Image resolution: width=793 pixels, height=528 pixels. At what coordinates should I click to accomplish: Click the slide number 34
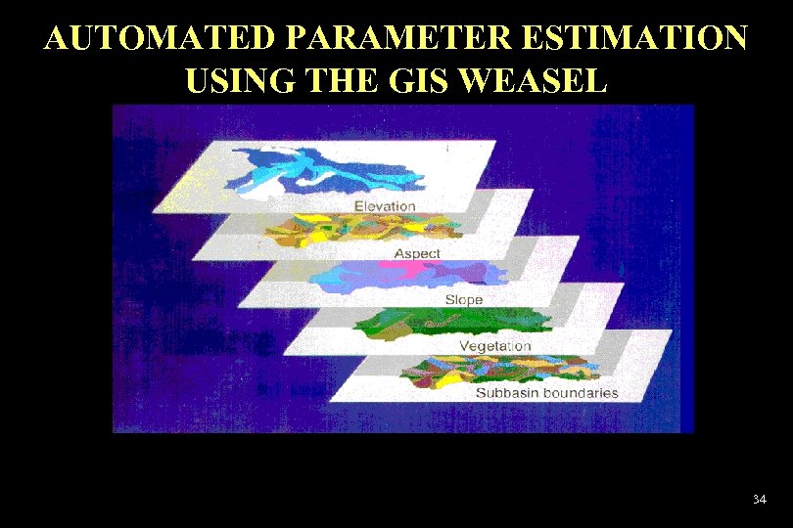point(759,500)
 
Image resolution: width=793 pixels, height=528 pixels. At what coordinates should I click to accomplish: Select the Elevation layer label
point(385,206)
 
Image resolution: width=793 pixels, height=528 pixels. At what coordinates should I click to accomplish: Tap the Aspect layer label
point(417,253)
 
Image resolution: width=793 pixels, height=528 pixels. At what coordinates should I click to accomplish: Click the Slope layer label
point(463,299)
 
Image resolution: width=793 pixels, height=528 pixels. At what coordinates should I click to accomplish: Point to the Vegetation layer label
point(495,346)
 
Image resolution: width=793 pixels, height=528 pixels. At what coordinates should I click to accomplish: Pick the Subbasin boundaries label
point(546,393)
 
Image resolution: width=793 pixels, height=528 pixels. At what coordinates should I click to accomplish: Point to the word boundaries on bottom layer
point(583,393)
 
